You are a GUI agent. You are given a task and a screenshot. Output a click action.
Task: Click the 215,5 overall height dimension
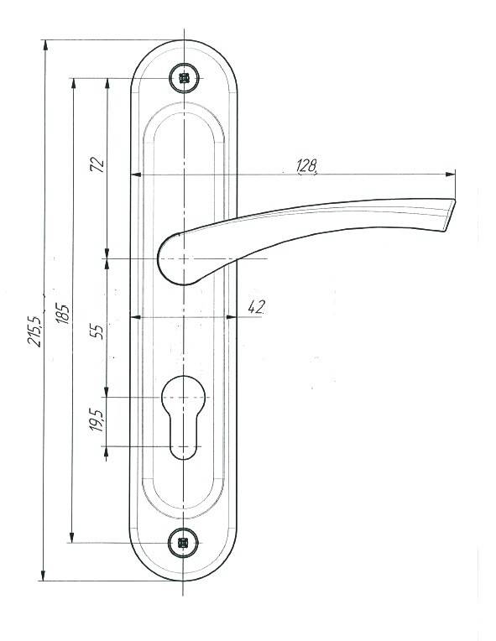(x=34, y=331)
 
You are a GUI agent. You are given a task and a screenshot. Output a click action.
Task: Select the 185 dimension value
(x=63, y=314)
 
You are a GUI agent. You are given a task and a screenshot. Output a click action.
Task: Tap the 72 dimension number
(x=97, y=164)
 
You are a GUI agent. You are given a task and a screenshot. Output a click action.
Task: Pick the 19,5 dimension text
(x=97, y=420)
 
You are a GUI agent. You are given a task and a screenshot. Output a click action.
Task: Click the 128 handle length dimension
(x=306, y=165)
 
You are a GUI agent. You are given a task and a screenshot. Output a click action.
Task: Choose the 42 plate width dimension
(x=256, y=307)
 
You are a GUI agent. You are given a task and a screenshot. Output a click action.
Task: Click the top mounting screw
(x=185, y=78)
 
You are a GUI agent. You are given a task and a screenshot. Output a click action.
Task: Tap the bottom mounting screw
(x=183, y=543)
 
